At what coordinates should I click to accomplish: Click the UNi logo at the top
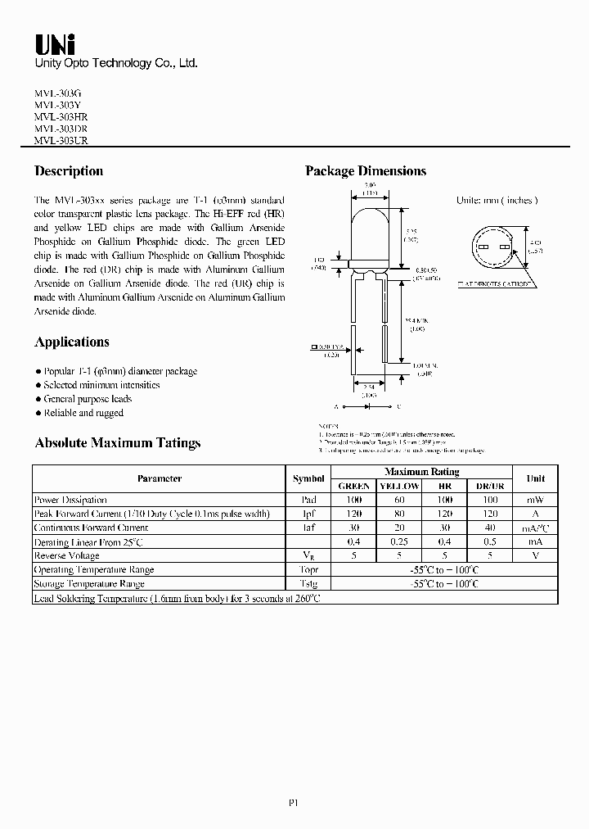coord(54,43)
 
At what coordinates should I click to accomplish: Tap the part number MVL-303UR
coord(61,140)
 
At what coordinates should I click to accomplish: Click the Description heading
coord(69,171)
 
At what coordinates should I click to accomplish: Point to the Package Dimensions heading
coord(366,171)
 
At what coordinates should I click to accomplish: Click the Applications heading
coord(72,342)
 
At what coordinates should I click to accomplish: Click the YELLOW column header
coord(399,486)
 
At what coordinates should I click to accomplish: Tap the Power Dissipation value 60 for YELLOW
coord(399,500)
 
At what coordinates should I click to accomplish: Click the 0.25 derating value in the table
coord(399,542)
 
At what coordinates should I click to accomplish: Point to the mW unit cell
coord(535,500)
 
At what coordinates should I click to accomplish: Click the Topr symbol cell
coord(308,569)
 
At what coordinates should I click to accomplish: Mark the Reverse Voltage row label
coord(67,555)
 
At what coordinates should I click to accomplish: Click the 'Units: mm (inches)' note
coord(497,201)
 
